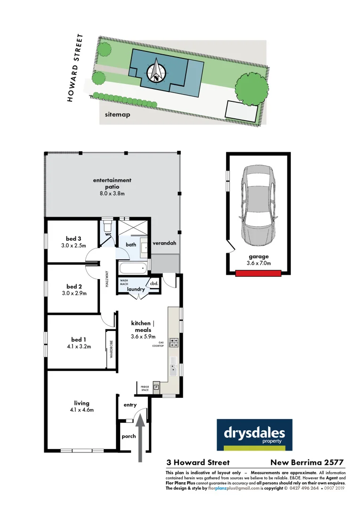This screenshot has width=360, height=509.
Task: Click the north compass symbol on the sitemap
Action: coord(157,71)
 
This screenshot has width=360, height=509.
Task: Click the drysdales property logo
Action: coord(254,435)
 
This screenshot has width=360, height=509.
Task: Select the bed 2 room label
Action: coord(74,287)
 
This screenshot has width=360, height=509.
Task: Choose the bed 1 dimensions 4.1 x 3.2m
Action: coord(78,347)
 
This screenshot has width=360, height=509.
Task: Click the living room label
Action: coord(82,403)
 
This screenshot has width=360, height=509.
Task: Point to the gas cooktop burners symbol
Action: coord(173,343)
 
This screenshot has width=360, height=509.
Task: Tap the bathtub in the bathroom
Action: coord(133,269)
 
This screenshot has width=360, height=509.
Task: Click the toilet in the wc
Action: coord(107,225)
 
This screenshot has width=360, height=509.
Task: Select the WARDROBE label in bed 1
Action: coord(111,350)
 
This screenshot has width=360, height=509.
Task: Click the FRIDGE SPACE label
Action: coord(145,388)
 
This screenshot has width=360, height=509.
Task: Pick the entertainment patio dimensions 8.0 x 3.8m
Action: coord(112,193)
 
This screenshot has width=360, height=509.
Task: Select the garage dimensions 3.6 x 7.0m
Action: coord(258,263)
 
